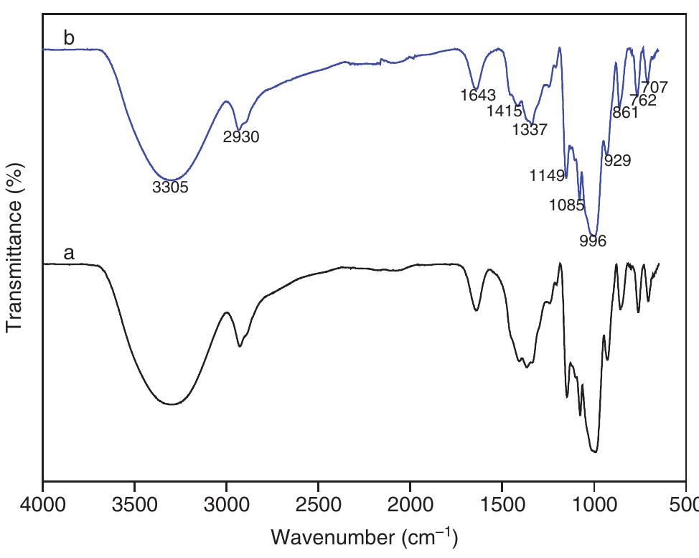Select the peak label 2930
(x=241, y=137)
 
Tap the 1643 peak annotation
(x=478, y=95)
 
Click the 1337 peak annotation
(x=530, y=130)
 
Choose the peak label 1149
(x=548, y=175)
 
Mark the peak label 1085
(x=566, y=205)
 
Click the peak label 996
(x=593, y=241)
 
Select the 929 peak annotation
(x=617, y=161)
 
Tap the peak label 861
(x=625, y=113)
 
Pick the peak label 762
(x=643, y=101)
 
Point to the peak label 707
(x=655, y=88)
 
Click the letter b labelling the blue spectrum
(x=69, y=38)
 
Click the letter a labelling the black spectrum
(x=70, y=253)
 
